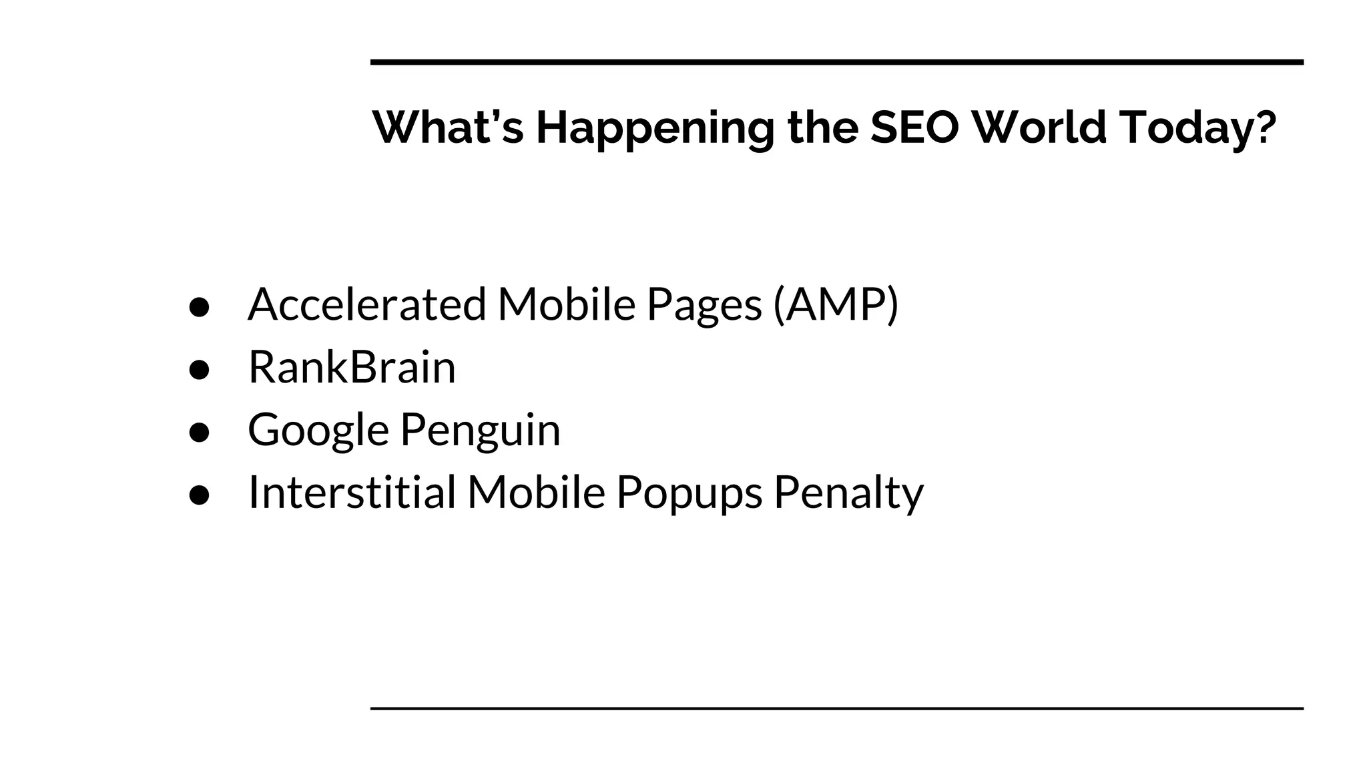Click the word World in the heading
(1039, 127)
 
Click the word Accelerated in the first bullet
(367, 304)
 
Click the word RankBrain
(352, 367)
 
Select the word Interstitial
(352, 493)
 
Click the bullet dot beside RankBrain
(200, 369)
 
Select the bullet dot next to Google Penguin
(200, 432)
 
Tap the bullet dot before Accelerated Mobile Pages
(200, 307)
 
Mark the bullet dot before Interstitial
(200, 495)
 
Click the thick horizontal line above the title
(836, 62)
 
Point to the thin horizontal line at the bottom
(836, 708)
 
